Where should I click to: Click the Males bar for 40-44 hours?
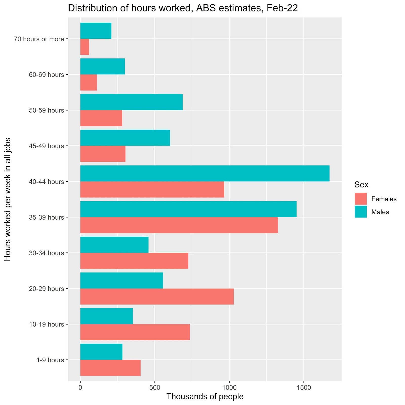(x=205, y=173)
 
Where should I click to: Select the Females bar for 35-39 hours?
(x=179, y=225)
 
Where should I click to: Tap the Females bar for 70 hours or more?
(x=85, y=47)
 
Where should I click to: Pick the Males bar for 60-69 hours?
(x=103, y=66)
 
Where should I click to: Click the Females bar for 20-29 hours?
(x=157, y=296)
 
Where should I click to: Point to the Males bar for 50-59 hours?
(x=131, y=102)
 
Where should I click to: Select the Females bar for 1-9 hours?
(x=110, y=368)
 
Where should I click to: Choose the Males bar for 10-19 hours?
(x=107, y=316)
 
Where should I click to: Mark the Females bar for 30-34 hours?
(x=134, y=261)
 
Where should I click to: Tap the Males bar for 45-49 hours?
(x=125, y=138)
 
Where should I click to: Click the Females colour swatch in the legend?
(x=361, y=199)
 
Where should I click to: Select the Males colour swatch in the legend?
(x=361, y=212)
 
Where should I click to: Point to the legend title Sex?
(x=361, y=185)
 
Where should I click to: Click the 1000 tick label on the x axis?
(x=229, y=388)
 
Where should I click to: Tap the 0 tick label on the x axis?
(x=80, y=388)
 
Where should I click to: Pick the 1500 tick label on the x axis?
(x=303, y=388)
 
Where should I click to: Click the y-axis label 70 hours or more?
(x=39, y=39)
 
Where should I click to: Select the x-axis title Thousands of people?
(x=205, y=396)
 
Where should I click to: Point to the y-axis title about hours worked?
(x=8, y=199)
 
